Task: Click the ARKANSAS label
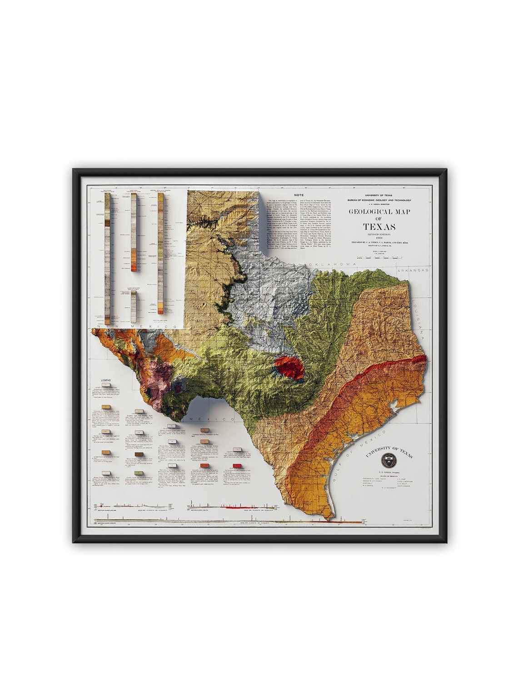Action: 413,270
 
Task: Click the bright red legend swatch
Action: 237,466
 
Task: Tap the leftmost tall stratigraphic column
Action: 107,257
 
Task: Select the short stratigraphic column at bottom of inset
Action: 133,306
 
